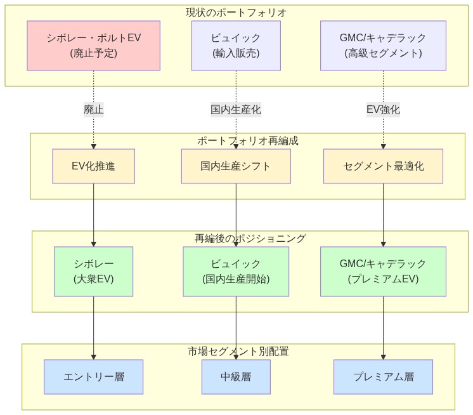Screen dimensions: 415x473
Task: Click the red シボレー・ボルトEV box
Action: pos(94,46)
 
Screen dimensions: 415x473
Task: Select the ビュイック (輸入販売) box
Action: pos(236,46)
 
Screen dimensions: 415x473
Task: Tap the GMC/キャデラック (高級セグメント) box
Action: pos(383,46)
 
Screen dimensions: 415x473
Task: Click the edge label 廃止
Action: pos(94,109)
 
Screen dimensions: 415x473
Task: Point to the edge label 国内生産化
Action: pos(236,109)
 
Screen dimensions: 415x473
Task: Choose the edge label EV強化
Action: pos(383,109)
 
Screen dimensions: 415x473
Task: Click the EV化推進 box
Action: pos(94,166)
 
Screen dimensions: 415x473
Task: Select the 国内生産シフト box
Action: pos(236,166)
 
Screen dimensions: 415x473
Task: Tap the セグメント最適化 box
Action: pos(383,166)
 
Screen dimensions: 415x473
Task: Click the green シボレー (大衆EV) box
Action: pos(94,272)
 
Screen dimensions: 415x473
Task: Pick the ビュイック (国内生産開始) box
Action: pos(236,272)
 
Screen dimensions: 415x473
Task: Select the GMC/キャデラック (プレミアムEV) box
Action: pos(383,272)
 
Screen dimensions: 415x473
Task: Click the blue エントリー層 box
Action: pos(94,377)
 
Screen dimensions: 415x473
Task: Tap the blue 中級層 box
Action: pos(236,377)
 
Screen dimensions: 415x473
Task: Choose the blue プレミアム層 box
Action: pos(383,377)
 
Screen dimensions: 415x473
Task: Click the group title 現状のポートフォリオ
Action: pos(236,12)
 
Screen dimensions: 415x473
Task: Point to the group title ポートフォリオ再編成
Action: pos(247,140)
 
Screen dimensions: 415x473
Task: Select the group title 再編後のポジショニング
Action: pos(250,239)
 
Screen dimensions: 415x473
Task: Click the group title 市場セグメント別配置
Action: pos(238,351)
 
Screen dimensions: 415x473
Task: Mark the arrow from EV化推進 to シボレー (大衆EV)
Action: pos(94,216)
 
